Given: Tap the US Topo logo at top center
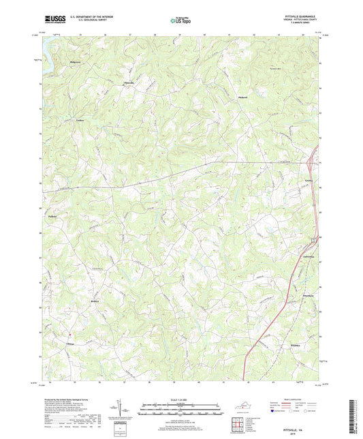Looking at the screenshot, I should click(180, 20).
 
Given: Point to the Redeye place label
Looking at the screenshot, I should click(95, 300).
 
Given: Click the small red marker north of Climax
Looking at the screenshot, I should click(70, 335).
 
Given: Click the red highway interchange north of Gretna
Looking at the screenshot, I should click(311, 164).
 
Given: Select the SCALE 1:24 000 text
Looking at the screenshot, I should click(180, 399).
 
